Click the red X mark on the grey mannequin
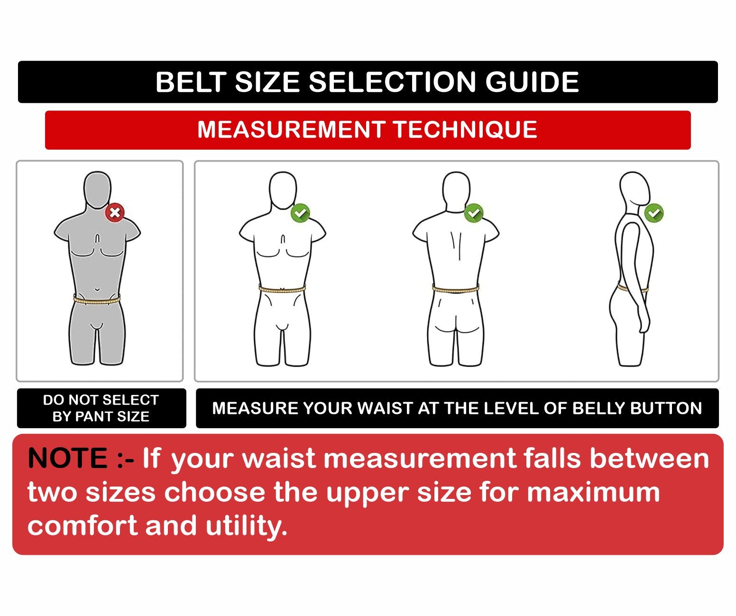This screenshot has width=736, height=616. click(115, 212)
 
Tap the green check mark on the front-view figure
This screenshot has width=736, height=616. click(300, 212)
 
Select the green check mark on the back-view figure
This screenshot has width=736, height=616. click(474, 212)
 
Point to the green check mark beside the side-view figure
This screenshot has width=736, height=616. click(654, 212)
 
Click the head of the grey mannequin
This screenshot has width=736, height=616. click(97, 191)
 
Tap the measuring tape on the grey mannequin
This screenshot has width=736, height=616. click(97, 300)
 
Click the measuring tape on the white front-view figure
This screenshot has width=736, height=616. click(282, 289)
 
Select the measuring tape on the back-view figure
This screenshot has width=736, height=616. click(456, 289)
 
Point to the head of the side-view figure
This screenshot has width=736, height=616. click(635, 191)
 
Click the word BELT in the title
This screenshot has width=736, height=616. click(191, 82)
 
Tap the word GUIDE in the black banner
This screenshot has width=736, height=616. click(532, 82)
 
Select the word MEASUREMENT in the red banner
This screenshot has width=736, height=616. click(291, 129)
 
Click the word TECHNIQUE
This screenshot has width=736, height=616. click(465, 130)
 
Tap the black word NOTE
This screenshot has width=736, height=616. click(68, 459)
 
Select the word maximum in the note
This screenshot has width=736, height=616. click(593, 493)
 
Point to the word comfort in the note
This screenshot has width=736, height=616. click(83, 525)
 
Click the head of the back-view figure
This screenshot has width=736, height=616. click(456, 191)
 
